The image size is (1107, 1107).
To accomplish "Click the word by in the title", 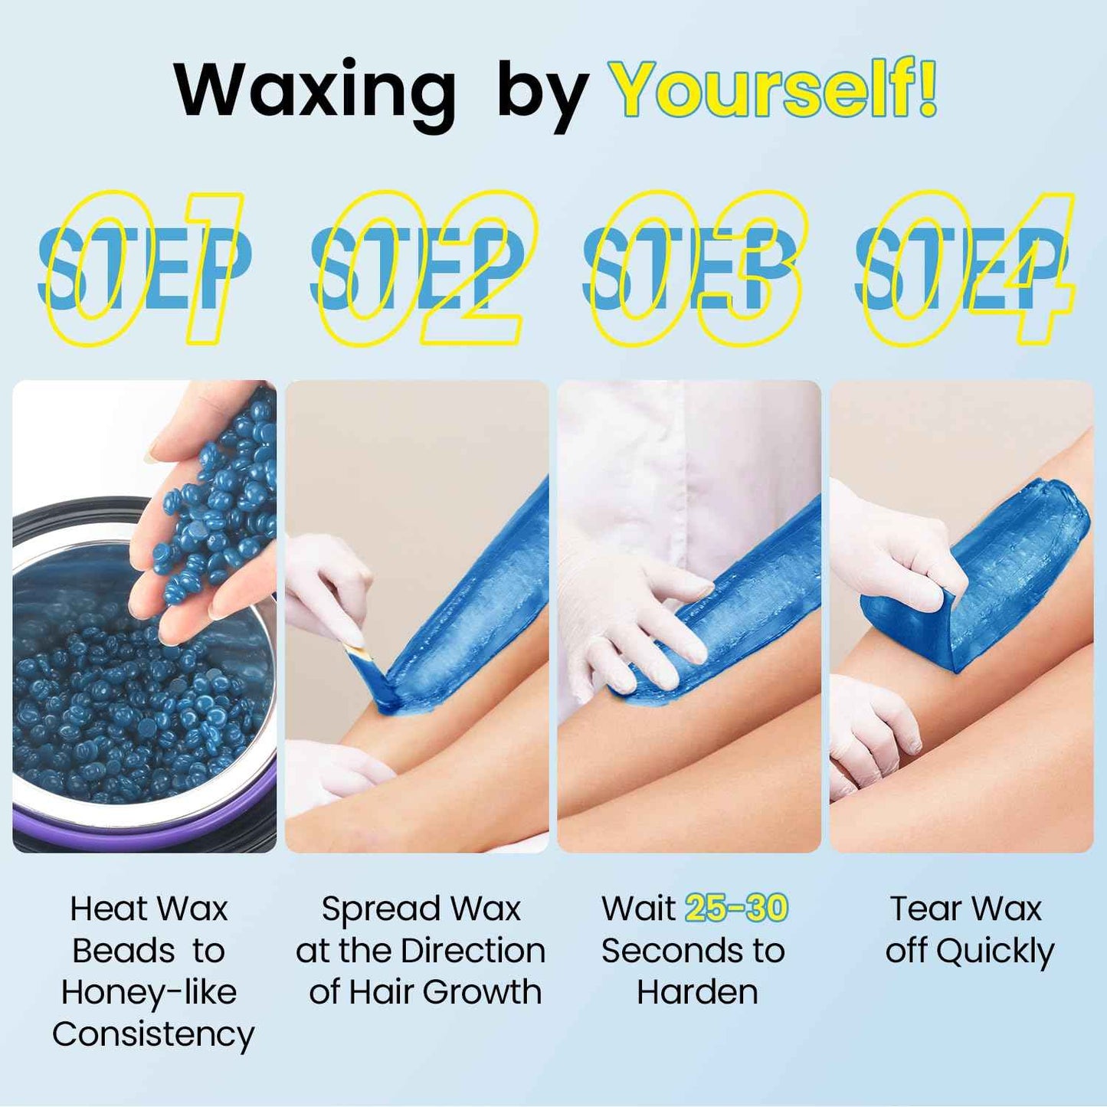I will coord(542,96).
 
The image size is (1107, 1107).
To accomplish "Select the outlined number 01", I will coord(146,268).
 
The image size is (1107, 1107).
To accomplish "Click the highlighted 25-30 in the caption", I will coord(736,909).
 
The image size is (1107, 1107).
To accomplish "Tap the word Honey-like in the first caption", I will coord(149,993).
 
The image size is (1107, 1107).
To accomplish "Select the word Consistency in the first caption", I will coord(153,1034).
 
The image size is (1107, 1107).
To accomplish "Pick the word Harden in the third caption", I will coord(697,993).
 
